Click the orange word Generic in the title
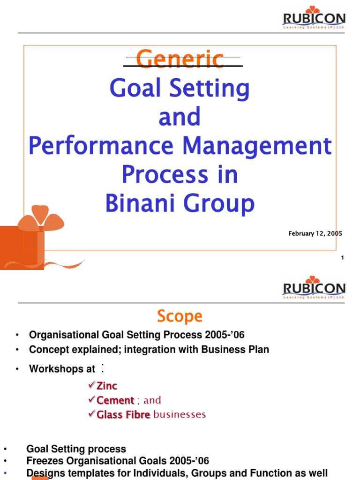180,60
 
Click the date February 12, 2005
315,233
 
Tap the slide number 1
343,257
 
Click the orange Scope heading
180,316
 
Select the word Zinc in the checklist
107,386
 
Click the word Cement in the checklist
115,401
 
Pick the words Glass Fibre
123,415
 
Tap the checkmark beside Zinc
92,385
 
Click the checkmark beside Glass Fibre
92,414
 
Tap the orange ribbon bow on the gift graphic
40,218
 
